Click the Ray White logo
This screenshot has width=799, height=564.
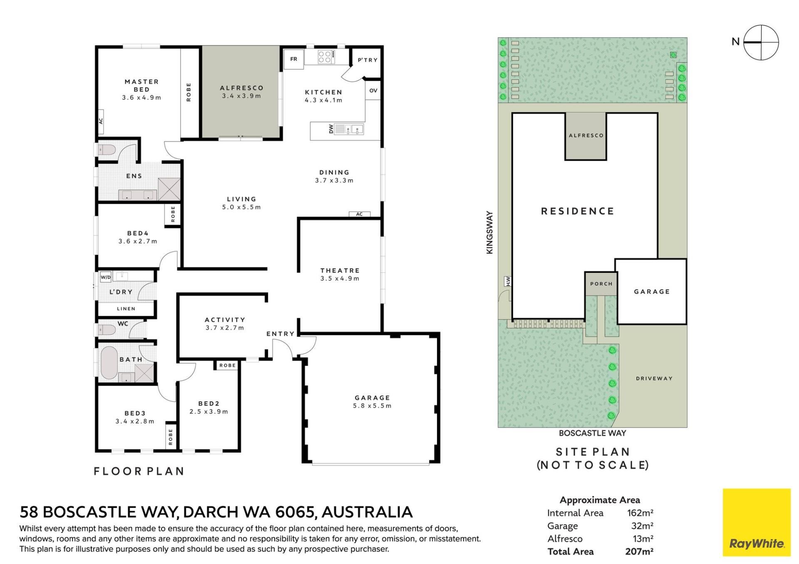(x=757, y=522)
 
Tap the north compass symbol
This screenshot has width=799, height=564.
(x=761, y=42)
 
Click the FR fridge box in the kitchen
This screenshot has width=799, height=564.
(x=294, y=59)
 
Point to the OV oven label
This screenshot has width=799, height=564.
(x=373, y=90)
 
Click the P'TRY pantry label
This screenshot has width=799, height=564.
(x=368, y=60)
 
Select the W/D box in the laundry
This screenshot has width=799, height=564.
(x=106, y=277)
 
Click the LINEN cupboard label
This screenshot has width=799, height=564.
(x=126, y=309)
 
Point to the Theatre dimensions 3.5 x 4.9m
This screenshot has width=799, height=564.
(x=340, y=279)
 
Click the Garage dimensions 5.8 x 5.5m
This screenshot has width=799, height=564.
(x=372, y=406)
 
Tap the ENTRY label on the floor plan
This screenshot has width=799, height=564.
(x=280, y=334)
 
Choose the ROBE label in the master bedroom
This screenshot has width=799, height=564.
(x=189, y=92)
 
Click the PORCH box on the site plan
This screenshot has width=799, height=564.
(x=601, y=284)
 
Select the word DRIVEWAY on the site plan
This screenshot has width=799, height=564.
(x=654, y=378)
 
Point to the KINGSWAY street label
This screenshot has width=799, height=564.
(x=489, y=233)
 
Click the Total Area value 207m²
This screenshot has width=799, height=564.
(x=639, y=552)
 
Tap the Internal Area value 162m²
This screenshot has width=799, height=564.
(x=640, y=513)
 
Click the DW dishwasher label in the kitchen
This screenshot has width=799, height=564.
(x=331, y=129)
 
